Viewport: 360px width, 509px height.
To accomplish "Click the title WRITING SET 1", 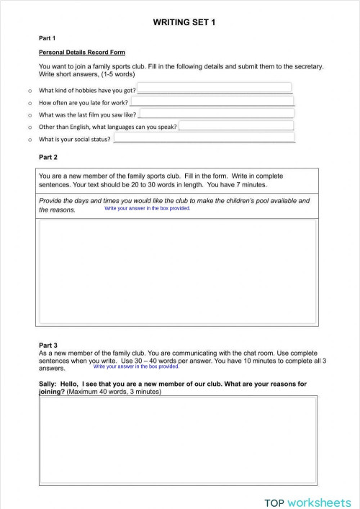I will click(x=184, y=23).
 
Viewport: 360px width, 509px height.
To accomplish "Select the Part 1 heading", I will click(x=48, y=38).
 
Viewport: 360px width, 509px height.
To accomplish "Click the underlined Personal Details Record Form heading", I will click(x=81, y=53).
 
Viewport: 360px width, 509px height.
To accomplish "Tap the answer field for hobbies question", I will click(x=214, y=89).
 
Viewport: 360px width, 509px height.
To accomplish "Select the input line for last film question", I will click(x=215, y=114).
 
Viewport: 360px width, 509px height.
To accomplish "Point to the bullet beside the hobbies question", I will click(x=29, y=91).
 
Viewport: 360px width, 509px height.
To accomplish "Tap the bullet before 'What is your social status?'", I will click(x=29, y=140).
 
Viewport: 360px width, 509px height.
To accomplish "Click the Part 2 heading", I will click(x=48, y=157).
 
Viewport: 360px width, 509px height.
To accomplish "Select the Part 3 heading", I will click(x=48, y=346).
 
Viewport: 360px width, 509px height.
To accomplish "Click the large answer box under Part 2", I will click(x=176, y=272).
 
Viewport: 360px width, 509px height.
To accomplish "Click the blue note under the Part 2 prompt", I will click(x=148, y=208).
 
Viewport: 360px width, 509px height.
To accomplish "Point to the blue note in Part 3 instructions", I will click(x=136, y=366).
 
